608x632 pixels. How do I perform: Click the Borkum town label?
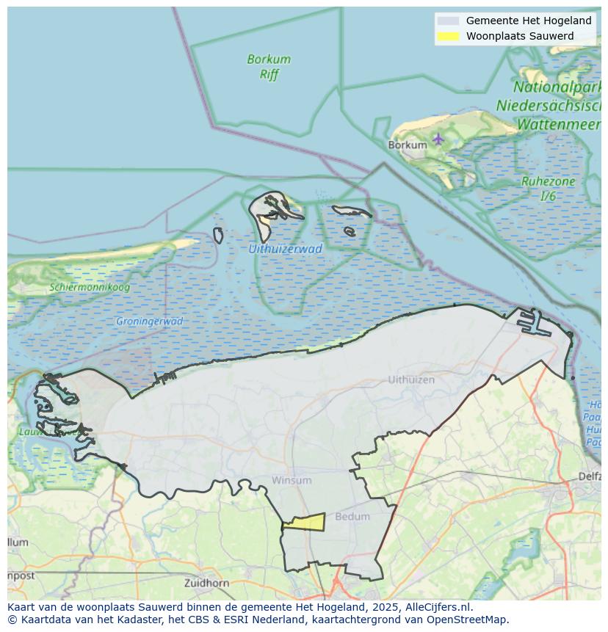coord(407,145)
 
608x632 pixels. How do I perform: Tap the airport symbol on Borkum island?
coord(438,138)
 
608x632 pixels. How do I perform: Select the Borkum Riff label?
coord(269,66)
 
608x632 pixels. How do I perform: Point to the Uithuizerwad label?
coord(285,249)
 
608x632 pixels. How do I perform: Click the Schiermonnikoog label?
coord(90,287)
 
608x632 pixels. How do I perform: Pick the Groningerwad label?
coord(149,321)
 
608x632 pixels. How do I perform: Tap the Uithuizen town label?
coord(411,379)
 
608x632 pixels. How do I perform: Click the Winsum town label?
coord(292,480)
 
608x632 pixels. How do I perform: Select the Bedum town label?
coord(352,516)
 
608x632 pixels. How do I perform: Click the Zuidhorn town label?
coord(207,583)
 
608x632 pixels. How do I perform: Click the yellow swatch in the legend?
coord(447,36)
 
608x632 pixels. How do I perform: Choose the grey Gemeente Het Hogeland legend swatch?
coord(447,21)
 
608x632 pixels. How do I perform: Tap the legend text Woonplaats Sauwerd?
coord(519,36)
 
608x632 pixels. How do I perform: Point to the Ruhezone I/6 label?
coord(548,189)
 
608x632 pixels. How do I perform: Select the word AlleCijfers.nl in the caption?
coord(438,607)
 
